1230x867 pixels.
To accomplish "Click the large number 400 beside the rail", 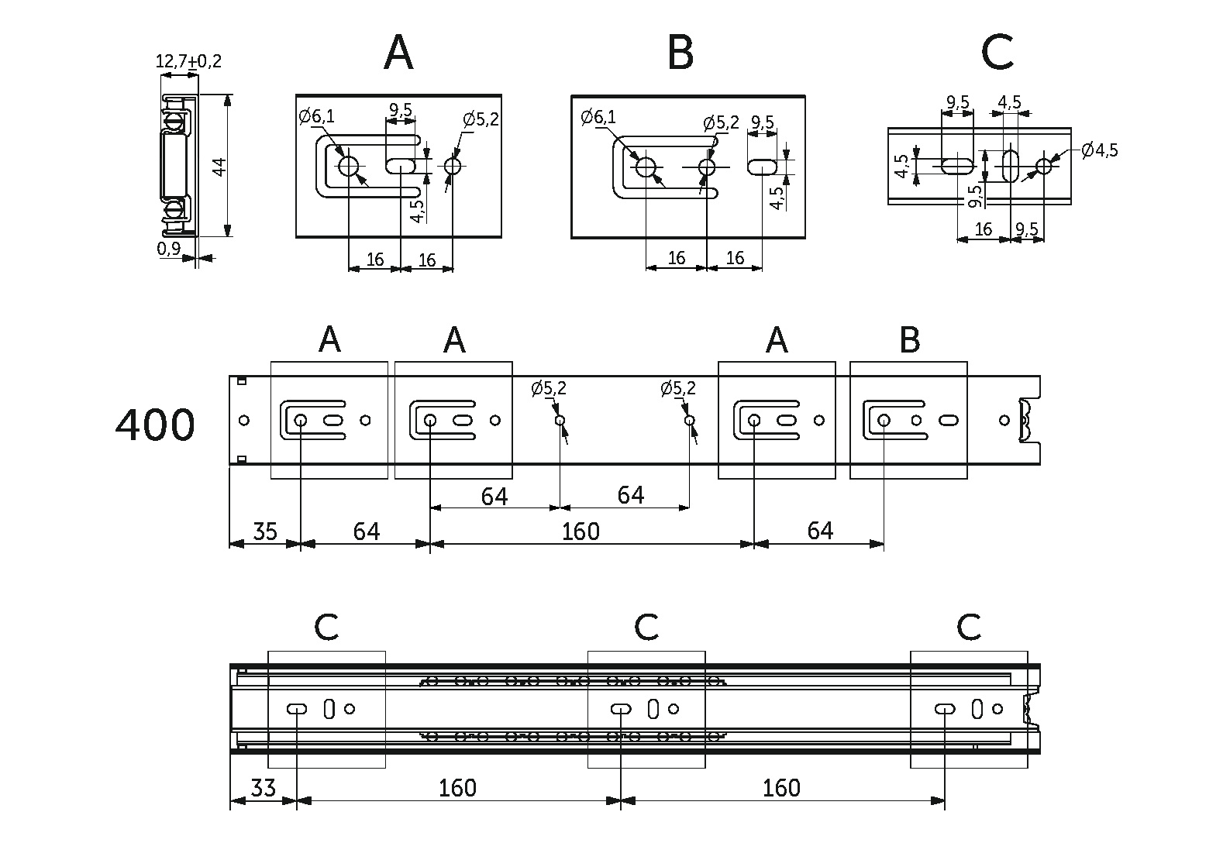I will tap(155, 425).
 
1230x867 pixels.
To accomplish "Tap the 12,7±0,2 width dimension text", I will tap(188, 61).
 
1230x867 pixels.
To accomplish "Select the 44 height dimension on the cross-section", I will tap(219, 166).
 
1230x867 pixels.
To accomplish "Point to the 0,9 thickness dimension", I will tap(168, 248).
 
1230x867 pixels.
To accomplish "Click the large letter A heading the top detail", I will tap(398, 53).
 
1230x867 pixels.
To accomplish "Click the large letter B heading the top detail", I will tap(680, 53).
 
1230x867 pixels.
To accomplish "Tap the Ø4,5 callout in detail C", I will tap(1099, 150).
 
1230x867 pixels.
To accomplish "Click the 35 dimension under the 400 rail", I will tap(264, 532).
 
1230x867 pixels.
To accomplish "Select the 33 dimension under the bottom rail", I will tap(264, 789).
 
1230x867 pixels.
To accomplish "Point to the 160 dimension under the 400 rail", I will tap(581, 532).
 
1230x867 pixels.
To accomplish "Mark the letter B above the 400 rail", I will tap(910, 340).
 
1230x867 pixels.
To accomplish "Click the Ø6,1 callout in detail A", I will tap(317, 117).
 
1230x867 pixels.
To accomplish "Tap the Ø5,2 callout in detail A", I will tap(481, 119).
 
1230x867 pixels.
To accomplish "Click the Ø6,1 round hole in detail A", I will tap(348, 166).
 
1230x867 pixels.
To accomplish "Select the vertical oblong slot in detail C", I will tap(1011, 166).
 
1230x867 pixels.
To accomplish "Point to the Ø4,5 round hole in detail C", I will tap(1044, 166).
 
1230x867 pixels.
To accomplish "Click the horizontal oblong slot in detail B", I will tap(763, 167).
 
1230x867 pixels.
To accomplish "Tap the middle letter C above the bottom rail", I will tap(646, 628).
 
